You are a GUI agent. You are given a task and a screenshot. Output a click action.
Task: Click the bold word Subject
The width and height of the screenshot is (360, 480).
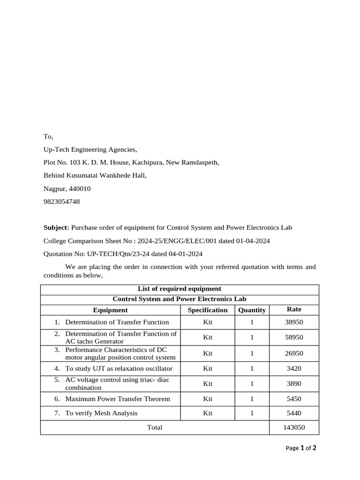coord(56,228)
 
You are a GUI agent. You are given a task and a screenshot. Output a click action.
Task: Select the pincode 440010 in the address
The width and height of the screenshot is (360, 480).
coord(80,189)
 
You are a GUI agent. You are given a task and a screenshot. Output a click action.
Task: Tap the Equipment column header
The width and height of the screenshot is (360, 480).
coord(110,310)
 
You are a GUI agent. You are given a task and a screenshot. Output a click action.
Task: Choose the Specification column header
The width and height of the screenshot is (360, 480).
coord(207,310)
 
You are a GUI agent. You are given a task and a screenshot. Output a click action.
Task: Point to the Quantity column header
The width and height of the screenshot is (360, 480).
coord(252,310)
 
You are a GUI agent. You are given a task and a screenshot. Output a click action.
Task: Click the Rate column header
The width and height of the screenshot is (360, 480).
coord(294,309)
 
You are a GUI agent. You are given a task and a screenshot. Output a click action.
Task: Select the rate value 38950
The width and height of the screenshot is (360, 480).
coord(294,322)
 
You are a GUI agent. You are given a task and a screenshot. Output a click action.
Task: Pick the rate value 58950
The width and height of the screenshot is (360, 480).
coord(294,337)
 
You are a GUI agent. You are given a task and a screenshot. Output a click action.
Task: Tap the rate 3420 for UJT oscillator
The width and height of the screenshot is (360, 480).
coord(294,369)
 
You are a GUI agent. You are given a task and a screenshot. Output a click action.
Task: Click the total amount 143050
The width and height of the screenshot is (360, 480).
coord(294,427)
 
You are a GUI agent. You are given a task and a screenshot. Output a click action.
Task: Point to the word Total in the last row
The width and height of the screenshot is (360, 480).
coord(155,427)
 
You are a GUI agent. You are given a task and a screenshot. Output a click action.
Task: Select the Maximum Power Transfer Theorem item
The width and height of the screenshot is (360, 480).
coord(117,399)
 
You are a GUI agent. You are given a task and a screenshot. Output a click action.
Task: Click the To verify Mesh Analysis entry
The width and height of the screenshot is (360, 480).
coord(101,413)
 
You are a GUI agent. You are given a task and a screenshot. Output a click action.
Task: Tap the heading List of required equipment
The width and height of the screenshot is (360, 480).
coord(179,289)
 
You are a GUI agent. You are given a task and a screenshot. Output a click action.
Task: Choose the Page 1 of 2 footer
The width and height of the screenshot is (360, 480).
coord(301,448)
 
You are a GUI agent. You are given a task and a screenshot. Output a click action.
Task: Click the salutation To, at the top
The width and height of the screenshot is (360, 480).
coord(48,137)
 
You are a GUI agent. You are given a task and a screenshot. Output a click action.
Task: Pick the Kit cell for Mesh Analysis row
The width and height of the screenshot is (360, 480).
coord(207,413)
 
